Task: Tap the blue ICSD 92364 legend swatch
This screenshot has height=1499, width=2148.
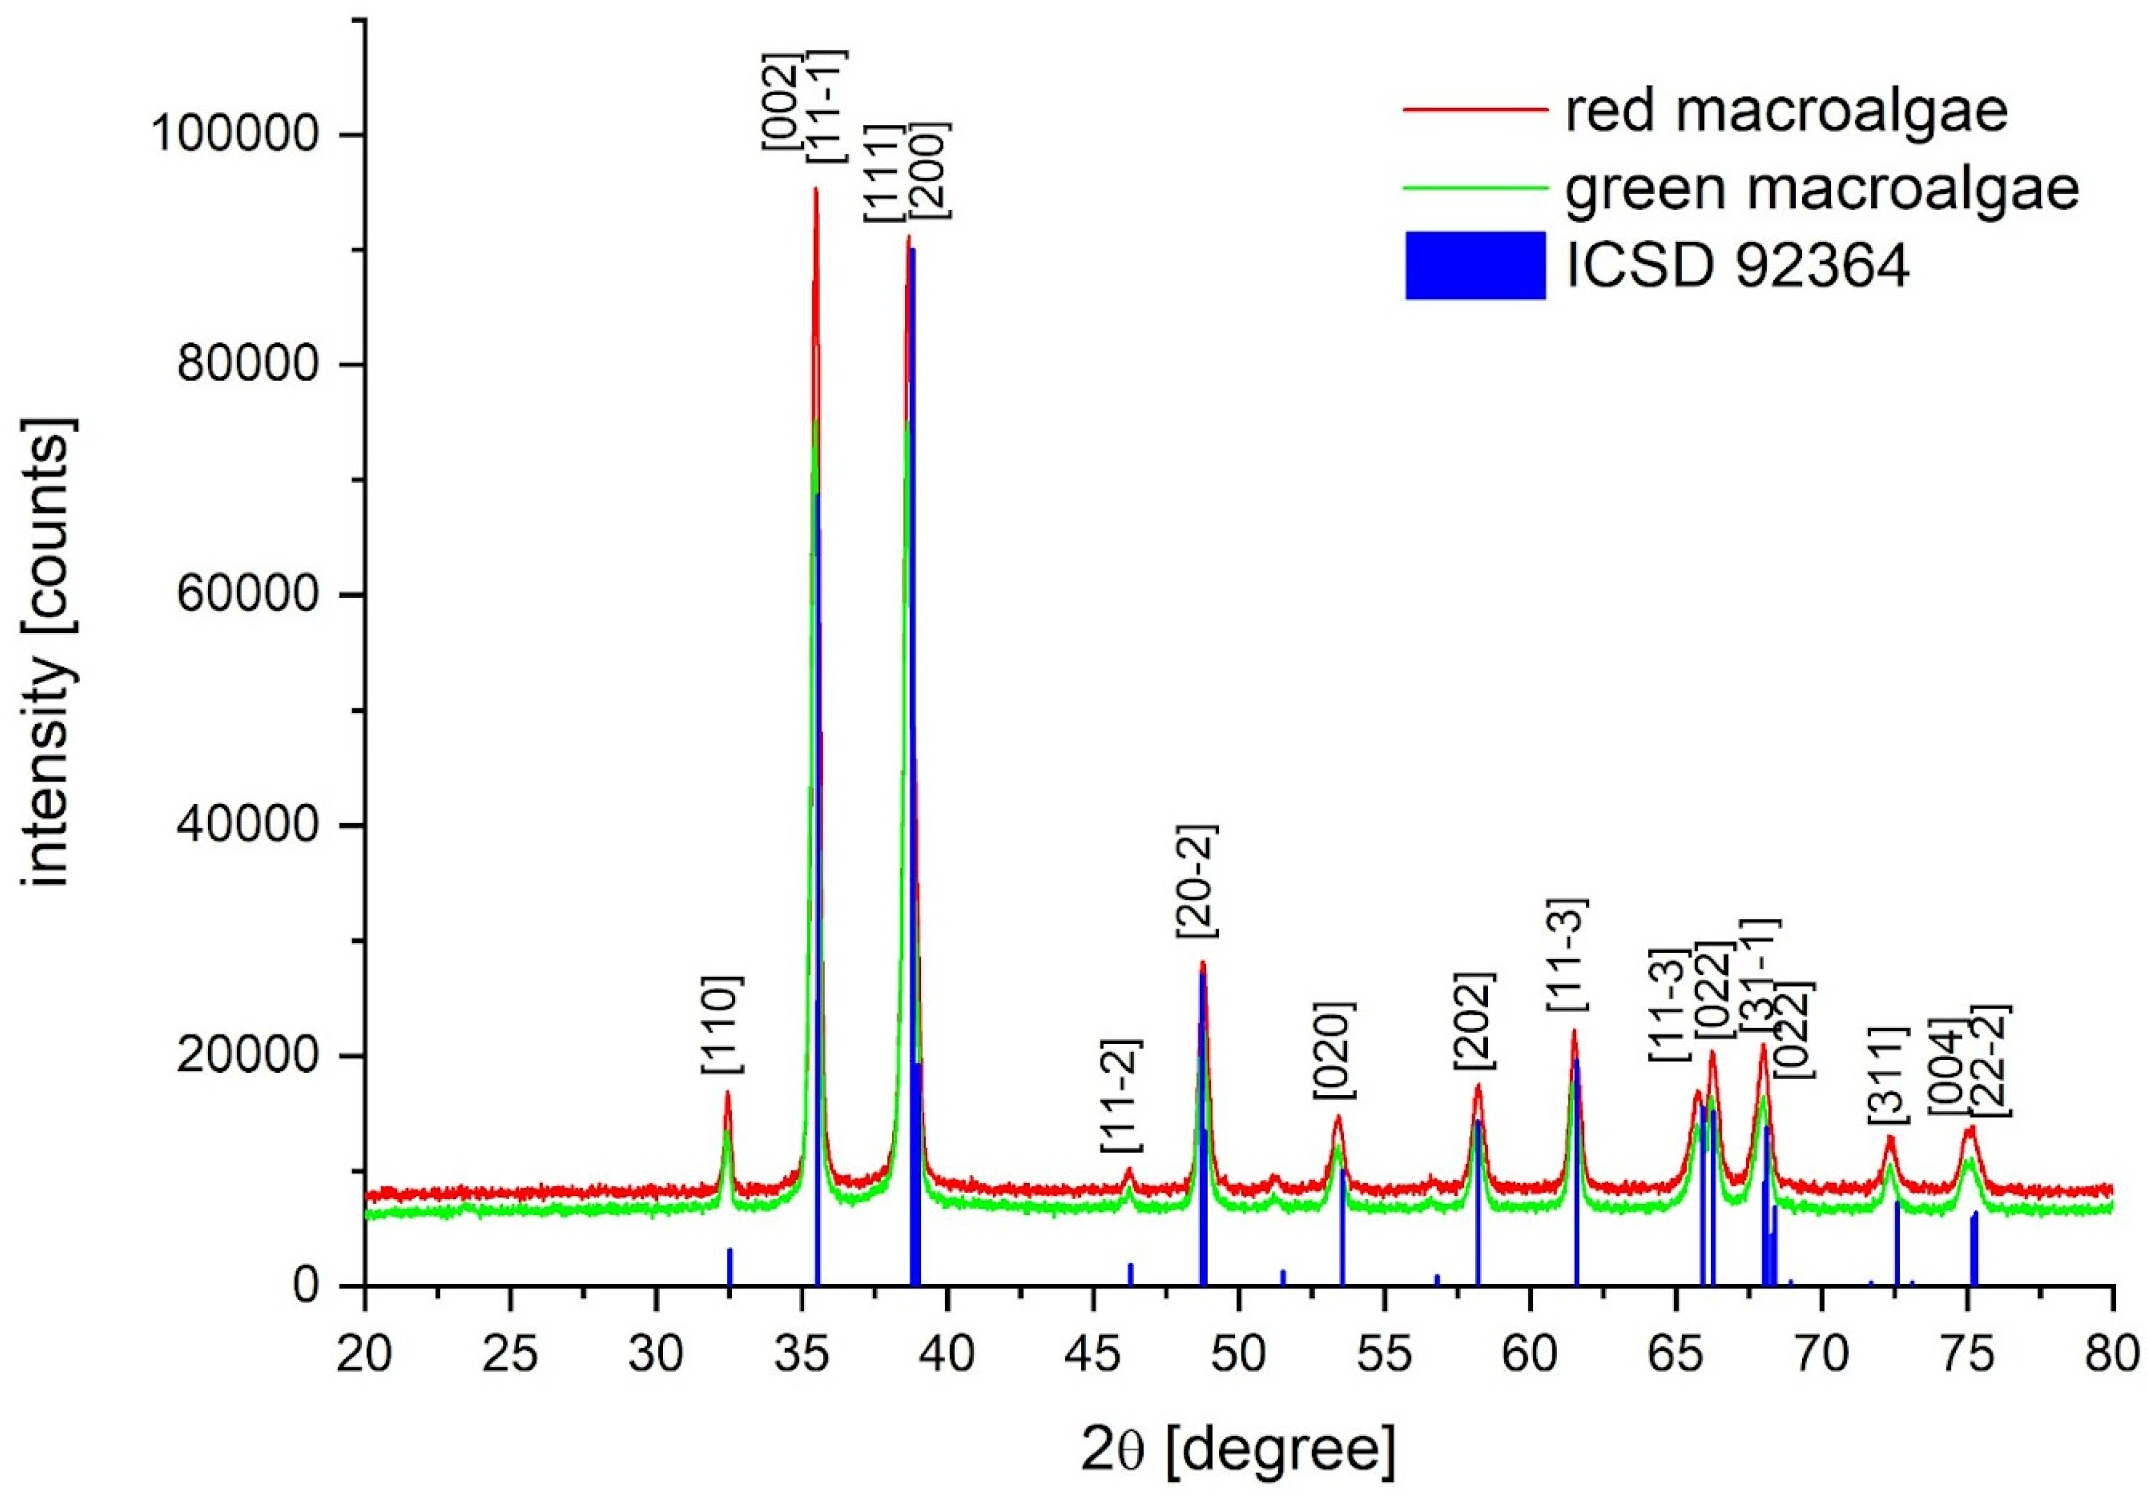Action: tap(1475, 265)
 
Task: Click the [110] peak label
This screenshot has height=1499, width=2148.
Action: tap(723, 1025)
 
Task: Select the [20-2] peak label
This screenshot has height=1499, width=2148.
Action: tap(1198, 881)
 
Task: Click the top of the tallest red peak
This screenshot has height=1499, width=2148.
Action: tap(815, 190)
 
